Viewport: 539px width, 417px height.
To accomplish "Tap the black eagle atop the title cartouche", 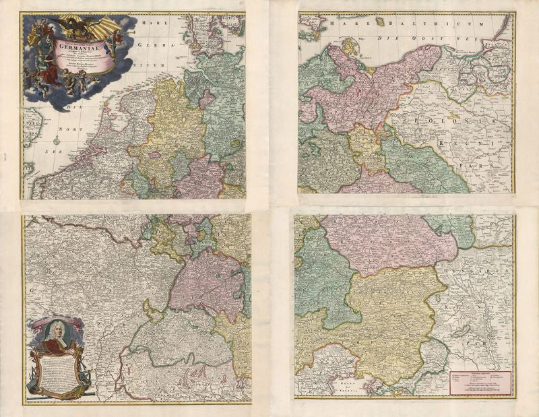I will click(x=75, y=26).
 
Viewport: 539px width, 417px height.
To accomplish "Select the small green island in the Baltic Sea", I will click(x=380, y=22).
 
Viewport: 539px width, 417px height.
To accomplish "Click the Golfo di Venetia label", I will click(x=348, y=383).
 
